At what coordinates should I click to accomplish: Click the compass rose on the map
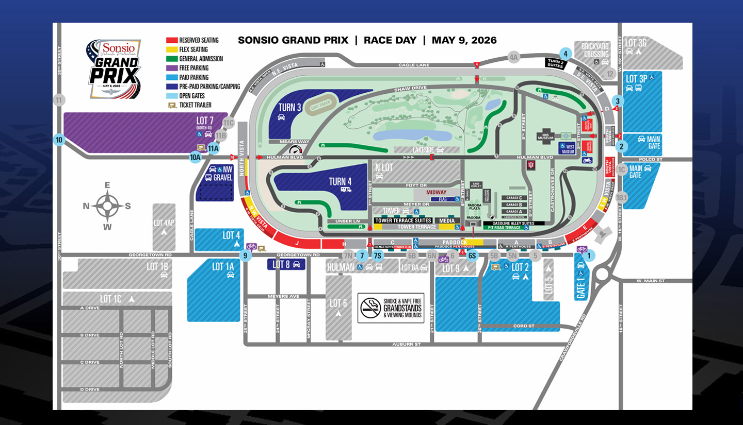point(107,206)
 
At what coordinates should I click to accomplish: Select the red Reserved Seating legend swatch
point(171,40)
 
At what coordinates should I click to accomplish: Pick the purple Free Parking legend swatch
point(171,68)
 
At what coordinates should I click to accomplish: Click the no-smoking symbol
point(370,308)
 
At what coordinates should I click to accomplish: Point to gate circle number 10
point(59,140)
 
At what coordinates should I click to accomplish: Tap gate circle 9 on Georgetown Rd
point(246,255)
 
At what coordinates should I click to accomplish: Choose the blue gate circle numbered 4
point(566,54)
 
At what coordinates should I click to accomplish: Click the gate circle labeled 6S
point(472,256)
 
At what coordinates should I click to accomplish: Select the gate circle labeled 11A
point(213,148)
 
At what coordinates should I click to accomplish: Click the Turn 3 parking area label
point(289,107)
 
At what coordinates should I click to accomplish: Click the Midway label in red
point(436,192)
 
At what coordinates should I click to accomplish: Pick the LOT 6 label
point(338,303)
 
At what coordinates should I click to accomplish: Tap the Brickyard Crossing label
point(596,50)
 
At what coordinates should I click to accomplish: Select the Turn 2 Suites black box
point(556,63)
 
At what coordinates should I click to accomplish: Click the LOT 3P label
point(636,79)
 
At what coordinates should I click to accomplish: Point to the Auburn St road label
point(406,344)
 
